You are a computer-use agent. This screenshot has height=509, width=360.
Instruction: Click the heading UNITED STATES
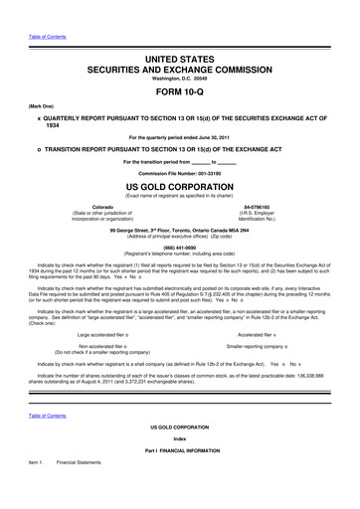[179, 63]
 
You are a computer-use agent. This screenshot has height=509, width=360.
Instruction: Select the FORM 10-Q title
[179, 97]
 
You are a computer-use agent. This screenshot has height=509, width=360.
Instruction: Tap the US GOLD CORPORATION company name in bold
[179, 186]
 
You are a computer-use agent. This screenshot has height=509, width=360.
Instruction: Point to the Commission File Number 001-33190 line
[179, 171]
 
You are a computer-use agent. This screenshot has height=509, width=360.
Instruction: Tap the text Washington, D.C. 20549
[179, 83]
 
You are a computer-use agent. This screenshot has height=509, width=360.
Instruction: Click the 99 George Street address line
[179, 230]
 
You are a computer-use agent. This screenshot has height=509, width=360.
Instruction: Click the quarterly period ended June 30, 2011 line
[179, 134]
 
